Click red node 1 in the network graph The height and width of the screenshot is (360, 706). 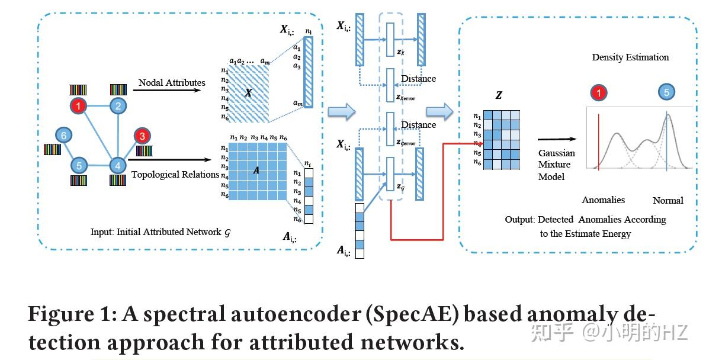pos(78,107)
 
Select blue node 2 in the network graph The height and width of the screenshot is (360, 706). pos(118,107)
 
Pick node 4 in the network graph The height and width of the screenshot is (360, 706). pos(118,166)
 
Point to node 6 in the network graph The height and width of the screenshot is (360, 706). pos(64,136)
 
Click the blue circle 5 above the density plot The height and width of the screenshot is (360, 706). pos(667,92)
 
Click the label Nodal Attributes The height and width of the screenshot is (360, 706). pos(172,83)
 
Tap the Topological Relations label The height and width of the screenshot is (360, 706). pos(167,174)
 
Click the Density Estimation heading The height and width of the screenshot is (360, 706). pos(630,57)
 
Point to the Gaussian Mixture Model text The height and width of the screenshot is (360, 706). pos(556,165)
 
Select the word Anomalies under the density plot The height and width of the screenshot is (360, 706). pos(603,200)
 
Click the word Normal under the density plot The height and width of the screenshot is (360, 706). pos(668,200)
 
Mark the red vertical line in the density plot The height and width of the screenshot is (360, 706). pos(598,142)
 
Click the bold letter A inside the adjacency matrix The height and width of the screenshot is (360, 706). pos(256,170)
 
